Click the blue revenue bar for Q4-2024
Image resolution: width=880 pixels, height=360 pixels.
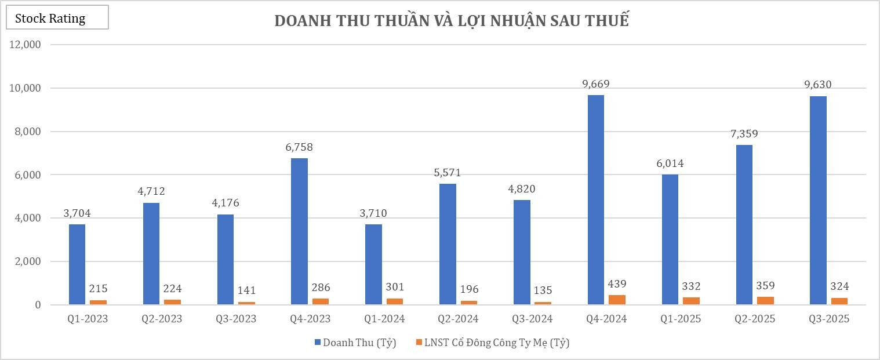(596, 200)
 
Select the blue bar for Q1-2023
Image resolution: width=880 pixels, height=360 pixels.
(77, 264)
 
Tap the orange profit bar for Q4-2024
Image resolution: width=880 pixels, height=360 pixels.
(617, 300)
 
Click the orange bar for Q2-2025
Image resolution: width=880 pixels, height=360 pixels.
(765, 301)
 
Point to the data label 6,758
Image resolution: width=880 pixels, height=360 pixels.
(299, 147)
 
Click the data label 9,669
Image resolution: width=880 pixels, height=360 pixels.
(596, 84)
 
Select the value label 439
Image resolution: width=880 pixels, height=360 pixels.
(617, 284)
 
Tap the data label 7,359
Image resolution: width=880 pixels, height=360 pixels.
(744, 134)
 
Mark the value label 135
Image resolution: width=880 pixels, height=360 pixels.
(543, 290)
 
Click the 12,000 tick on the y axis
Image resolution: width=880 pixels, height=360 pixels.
(25, 45)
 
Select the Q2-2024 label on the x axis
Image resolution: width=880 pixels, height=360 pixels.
(458, 319)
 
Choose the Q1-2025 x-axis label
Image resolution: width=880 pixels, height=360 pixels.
(680, 319)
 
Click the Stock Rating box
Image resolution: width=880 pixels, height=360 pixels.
(57, 18)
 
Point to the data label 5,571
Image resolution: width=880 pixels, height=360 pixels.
(448, 173)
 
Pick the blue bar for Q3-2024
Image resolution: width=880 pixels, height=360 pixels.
(522, 252)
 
